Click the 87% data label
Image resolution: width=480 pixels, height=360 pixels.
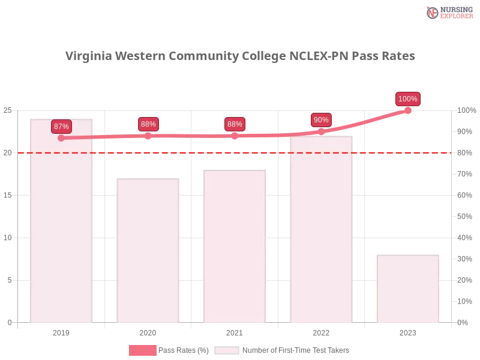pyautogui.click(x=61, y=127)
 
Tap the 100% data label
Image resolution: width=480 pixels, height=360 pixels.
pyautogui.click(x=408, y=99)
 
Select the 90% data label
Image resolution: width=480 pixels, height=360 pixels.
pyautogui.click(x=321, y=120)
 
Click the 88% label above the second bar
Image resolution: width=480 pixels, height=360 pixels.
pyautogui.click(x=148, y=124)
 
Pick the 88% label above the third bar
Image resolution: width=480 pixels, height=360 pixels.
pyautogui.click(x=235, y=124)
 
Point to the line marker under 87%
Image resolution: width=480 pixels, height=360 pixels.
pyautogui.click(x=61, y=138)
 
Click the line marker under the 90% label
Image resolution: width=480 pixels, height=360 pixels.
pyautogui.click(x=321, y=131)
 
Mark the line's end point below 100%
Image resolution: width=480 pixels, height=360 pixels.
pyautogui.click(x=408, y=110)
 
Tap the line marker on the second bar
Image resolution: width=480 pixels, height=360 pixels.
pyautogui.click(x=148, y=136)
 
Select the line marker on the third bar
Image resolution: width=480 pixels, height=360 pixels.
pyautogui.click(x=235, y=136)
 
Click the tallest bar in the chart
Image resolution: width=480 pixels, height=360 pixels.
pyautogui.click(x=62, y=228)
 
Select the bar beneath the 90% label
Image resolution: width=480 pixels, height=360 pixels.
pyautogui.click(x=322, y=234)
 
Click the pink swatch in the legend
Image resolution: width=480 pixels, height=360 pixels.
pyautogui.click(x=142, y=350)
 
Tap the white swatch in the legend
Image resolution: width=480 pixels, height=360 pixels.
pyautogui.click(x=227, y=350)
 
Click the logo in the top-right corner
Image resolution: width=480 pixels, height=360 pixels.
pyautogui.click(x=448, y=12)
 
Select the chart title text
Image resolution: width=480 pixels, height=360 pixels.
pyautogui.click(x=240, y=55)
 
